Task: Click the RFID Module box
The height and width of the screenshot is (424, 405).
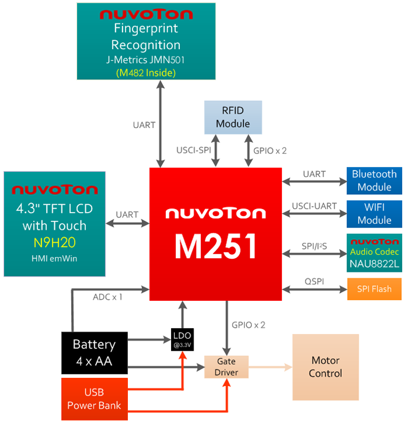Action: tap(233, 117)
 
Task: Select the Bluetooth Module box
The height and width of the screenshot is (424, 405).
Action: tap(374, 181)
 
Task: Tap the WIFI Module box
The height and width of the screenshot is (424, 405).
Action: tap(374, 214)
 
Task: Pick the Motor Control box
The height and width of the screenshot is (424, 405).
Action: tap(326, 367)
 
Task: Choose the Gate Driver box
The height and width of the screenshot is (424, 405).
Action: tap(227, 367)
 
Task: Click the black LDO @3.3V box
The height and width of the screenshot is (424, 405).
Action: tap(183, 339)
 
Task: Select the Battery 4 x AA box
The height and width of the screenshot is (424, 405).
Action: tap(94, 352)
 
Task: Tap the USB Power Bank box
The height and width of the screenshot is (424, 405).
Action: tap(94, 399)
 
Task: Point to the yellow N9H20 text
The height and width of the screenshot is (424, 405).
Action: tap(54, 243)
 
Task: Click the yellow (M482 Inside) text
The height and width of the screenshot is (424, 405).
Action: tap(145, 73)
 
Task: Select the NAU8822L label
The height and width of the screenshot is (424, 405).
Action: tap(374, 262)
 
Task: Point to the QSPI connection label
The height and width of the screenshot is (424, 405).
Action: tap(313, 281)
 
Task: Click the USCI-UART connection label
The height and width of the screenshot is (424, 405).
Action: tap(314, 206)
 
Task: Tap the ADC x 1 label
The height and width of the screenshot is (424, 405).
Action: tap(108, 296)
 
